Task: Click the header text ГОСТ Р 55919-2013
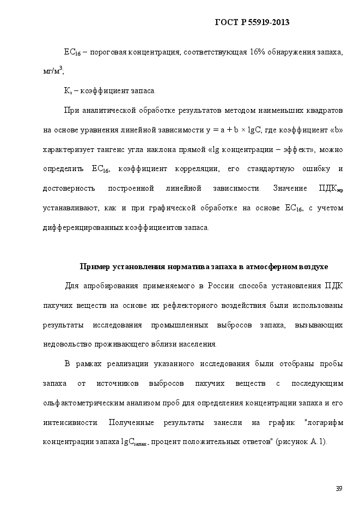(252, 22)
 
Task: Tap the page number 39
(338, 488)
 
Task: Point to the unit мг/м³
(53, 71)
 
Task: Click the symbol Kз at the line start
(68, 90)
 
